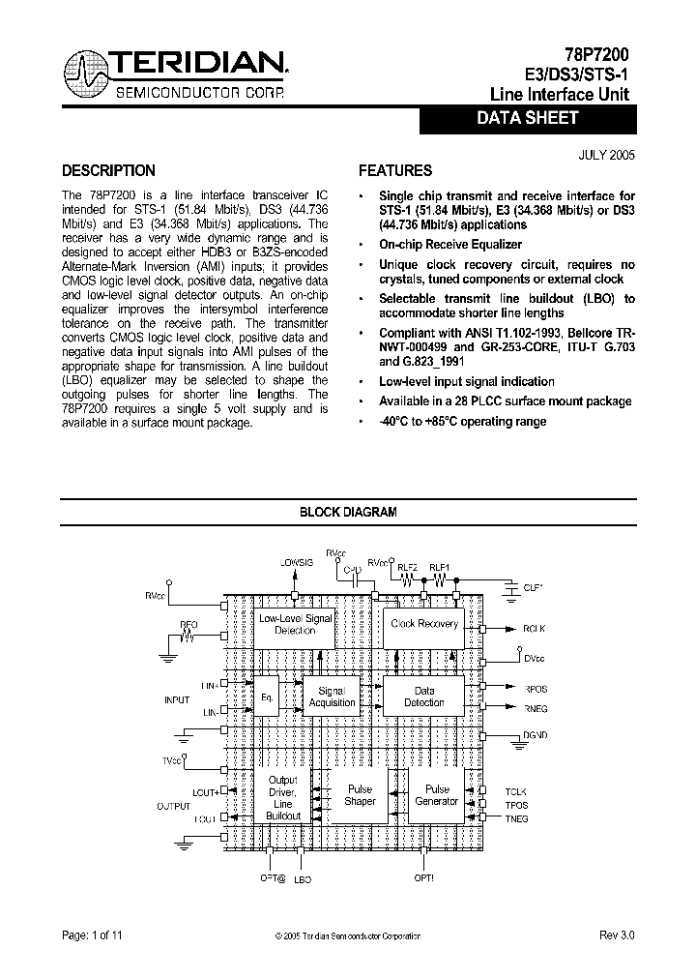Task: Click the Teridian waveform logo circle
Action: coord(87,74)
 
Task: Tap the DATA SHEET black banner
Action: coord(527,119)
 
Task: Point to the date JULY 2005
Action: coord(607,154)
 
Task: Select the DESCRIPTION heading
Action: coord(108,171)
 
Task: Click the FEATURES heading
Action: coord(395,171)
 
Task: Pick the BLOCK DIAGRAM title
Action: coord(348,513)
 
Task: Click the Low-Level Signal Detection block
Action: coord(295,625)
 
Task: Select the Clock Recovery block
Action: coord(423,624)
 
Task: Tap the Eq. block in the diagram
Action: coord(267,697)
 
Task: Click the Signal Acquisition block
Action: coord(332,697)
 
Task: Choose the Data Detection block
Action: coord(424,697)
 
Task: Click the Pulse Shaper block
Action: coord(360,795)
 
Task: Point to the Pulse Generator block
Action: coord(436,795)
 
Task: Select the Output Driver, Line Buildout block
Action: coord(282,798)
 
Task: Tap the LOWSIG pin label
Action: coord(296,562)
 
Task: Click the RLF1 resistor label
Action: coord(440,568)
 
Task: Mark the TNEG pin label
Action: coord(517,818)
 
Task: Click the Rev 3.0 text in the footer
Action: coord(616,935)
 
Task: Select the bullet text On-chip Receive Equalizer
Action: coord(449,245)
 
